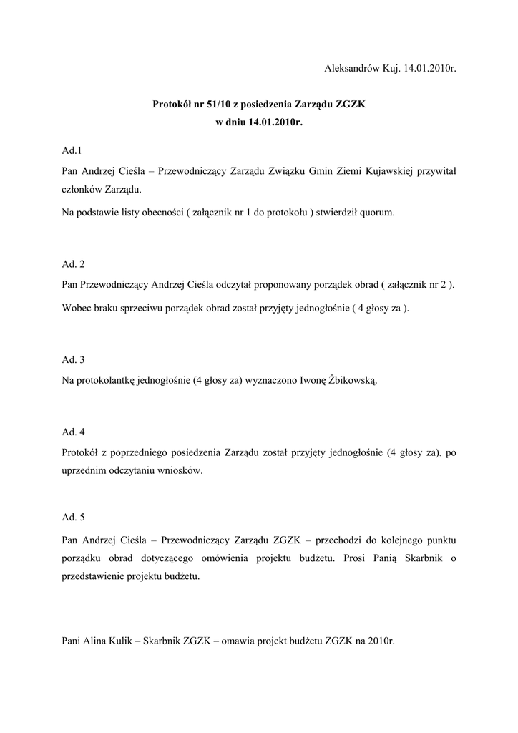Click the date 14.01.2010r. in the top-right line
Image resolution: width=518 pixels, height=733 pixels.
tap(429, 69)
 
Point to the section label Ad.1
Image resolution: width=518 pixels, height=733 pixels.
tap(72, 151)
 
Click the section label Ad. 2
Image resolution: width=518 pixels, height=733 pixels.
tap(74, 264)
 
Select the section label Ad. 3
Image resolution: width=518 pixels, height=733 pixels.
tap(74, 359)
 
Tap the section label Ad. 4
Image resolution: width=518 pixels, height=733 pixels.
tap(74, 432)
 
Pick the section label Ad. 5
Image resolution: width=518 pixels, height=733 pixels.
tap(74, 516)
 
